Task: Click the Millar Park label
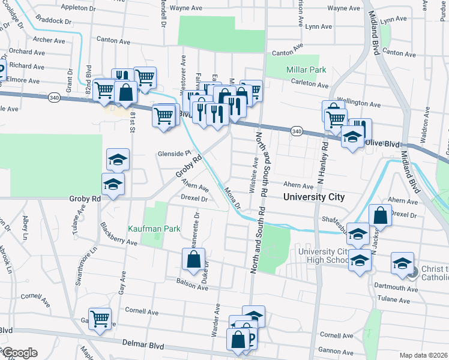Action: point(307,70)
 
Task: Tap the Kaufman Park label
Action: point(145,229)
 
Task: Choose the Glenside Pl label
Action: point(173,153)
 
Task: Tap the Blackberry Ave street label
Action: point(119,235)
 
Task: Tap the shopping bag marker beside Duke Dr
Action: point(193,260)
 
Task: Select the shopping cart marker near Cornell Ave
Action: point(100,319)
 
